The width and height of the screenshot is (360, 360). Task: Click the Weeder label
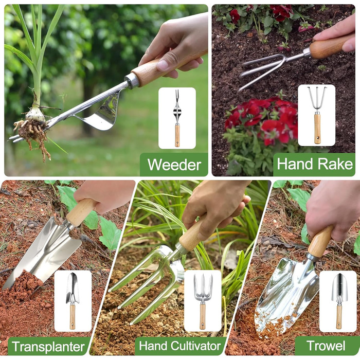[x=174, y=165]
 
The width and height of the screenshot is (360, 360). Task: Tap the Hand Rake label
[x=315, y=164]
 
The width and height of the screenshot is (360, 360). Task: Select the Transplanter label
[x=48, y=347]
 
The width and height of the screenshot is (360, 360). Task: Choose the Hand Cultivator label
[x=180, y=346]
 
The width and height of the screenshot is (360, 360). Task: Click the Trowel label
[x=326, y=346]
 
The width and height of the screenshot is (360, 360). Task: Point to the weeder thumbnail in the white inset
[x=177, y=118]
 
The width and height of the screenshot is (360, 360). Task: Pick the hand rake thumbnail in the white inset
[x=317, y=115]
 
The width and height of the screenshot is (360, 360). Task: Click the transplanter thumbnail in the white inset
[x=73, y=301]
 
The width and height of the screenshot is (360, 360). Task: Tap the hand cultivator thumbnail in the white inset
[x=203, y=301]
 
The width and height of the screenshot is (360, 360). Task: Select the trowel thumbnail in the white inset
[x=339, y=301]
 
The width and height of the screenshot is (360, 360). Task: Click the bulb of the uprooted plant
[x=35, y=114]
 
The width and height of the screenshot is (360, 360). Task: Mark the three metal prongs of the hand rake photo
[x=262, y=69]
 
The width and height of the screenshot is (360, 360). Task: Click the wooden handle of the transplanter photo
[x=80, y=212]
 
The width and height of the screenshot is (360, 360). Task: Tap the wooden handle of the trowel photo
[x=320, y=242]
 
